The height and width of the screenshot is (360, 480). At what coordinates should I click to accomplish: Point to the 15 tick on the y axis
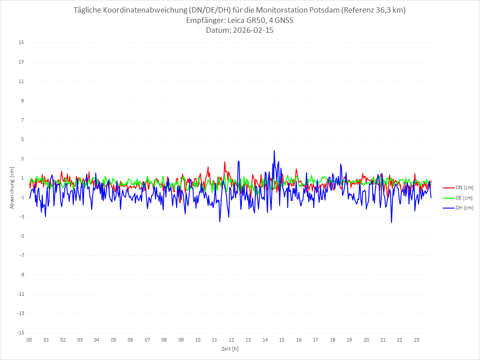tap(21, 43)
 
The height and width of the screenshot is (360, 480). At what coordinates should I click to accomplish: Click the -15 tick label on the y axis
tap(20, 333)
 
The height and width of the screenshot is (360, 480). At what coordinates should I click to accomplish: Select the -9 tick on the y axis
tap(21, 275)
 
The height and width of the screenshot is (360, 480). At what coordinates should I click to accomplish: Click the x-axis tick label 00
tap(29, 340)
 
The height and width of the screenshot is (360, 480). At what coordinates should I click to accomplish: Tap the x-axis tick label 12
tap(231, 340)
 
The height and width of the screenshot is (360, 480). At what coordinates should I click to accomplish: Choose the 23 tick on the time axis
tap(417, 340)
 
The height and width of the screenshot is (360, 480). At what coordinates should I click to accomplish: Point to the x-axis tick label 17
tap(316, 340)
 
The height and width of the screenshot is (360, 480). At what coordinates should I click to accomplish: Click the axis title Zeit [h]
tap(230, 348)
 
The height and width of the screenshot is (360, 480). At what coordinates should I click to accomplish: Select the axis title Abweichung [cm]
tap(12, 187)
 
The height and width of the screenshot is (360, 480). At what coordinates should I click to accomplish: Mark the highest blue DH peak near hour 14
tap(274, 151)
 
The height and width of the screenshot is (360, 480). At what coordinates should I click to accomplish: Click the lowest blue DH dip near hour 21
tap(391, 222)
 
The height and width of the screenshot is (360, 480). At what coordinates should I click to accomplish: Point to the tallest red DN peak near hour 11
tap(225, 161)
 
